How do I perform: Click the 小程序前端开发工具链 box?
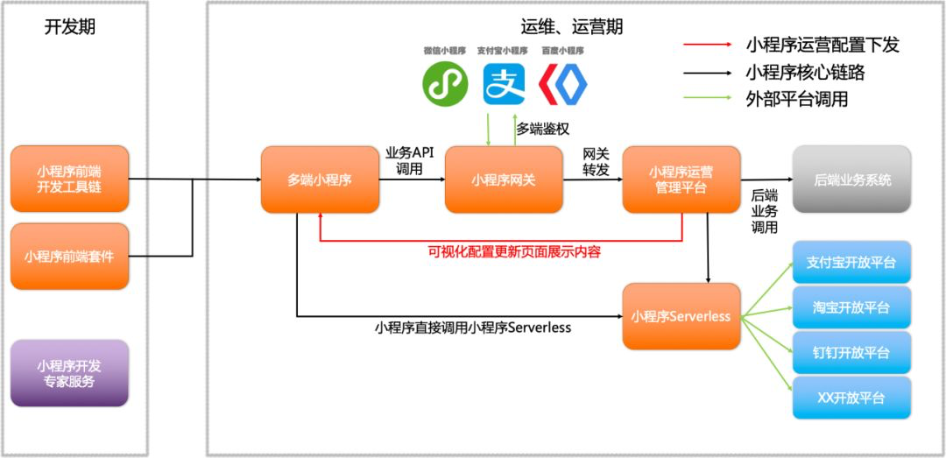[69, 179]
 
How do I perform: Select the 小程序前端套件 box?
[69, 256]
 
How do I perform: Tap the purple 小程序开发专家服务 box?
[69, 373]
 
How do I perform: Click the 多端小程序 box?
[319, 180]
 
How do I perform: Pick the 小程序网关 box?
[503, 180]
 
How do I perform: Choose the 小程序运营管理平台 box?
[681, 180]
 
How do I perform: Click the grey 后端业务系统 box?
[851, 180]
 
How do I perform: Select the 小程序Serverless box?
[681, 316]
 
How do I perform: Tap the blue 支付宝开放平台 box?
[851, 262]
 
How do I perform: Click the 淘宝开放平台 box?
[851, 307]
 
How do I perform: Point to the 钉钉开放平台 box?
[851, 352]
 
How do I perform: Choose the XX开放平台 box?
[851, 398]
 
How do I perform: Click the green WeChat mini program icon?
[445, 83]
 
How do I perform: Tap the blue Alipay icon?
[504, 83]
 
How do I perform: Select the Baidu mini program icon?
[562, 83]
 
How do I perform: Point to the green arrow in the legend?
[709, 98]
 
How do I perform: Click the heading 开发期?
[70, 26]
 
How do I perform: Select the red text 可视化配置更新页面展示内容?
[514, 251]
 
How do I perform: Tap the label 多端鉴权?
[543, 129]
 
